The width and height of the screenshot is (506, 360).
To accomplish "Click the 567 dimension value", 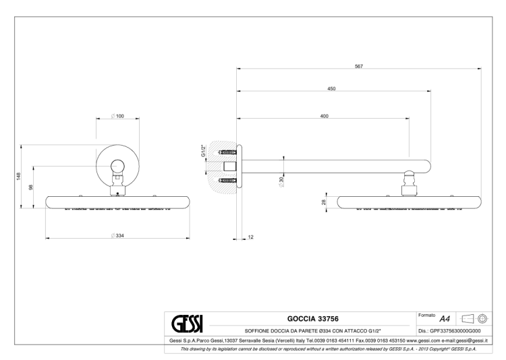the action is click(x=359, y=67).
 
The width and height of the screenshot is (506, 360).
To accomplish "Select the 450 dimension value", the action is click(x=331, y=89).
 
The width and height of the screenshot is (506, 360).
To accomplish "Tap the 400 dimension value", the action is click(x=325, y=116).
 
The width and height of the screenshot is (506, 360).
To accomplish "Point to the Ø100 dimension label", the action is click(x=117, y=116).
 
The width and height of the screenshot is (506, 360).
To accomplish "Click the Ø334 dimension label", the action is click(x=117, y=235).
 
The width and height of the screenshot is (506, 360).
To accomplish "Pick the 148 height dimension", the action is click(x=19, y=177).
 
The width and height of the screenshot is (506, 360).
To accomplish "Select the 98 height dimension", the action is click(x=31, y=187).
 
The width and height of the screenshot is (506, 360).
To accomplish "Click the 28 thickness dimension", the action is click(x=324, y=202).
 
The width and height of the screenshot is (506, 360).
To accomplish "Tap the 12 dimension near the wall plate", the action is click(x=251, y=237).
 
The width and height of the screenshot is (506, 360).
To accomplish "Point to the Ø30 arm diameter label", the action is click(x=281, y=182).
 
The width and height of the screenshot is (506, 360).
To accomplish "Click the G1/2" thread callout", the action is click(x=203, y=151).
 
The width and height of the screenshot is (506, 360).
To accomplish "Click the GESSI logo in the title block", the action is click(x=187, y=324).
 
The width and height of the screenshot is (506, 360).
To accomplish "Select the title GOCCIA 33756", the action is click(x=312, y=319).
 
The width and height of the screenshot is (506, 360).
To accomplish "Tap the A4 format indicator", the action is click(x=445, y=319).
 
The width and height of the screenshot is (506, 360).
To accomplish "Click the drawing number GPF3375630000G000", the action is click(x=455, y=331).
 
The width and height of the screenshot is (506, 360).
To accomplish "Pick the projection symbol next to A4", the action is click(x=474, y=319).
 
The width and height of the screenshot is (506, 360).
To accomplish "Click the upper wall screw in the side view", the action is click(x=227, y=152).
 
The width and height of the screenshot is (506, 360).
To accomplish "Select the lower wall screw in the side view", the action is click(x=227, y=180).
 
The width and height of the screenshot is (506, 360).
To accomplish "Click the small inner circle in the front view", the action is click(x=117, y=166).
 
